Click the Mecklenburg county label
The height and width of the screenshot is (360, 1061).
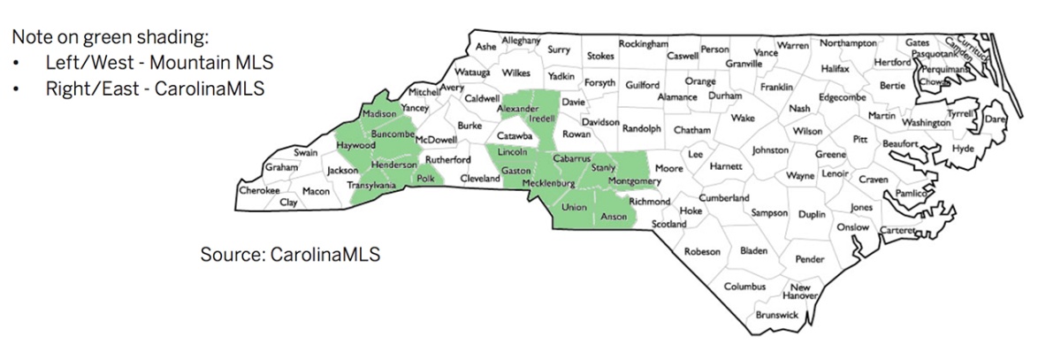click(x=548, y=183)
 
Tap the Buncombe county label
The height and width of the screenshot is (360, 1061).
click(x=393, y=134)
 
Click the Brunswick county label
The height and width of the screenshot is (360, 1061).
click(x=777, y=315)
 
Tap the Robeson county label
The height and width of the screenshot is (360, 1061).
click(x=702, y=252)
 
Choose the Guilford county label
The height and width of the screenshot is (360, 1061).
click(x=642, y=85)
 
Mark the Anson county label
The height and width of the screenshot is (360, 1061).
click(x=613, y=215)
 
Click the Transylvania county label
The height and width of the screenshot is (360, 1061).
click(x=370, y=186)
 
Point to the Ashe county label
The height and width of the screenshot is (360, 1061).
click(x=486, y=46)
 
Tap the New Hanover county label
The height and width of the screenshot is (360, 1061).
click(x=800, y=292)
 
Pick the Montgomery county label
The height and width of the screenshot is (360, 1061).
click(x=634, y=181)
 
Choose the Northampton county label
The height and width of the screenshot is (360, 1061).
click(x=848, y=43)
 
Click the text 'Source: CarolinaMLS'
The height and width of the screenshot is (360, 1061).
click(x=290, y=255)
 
